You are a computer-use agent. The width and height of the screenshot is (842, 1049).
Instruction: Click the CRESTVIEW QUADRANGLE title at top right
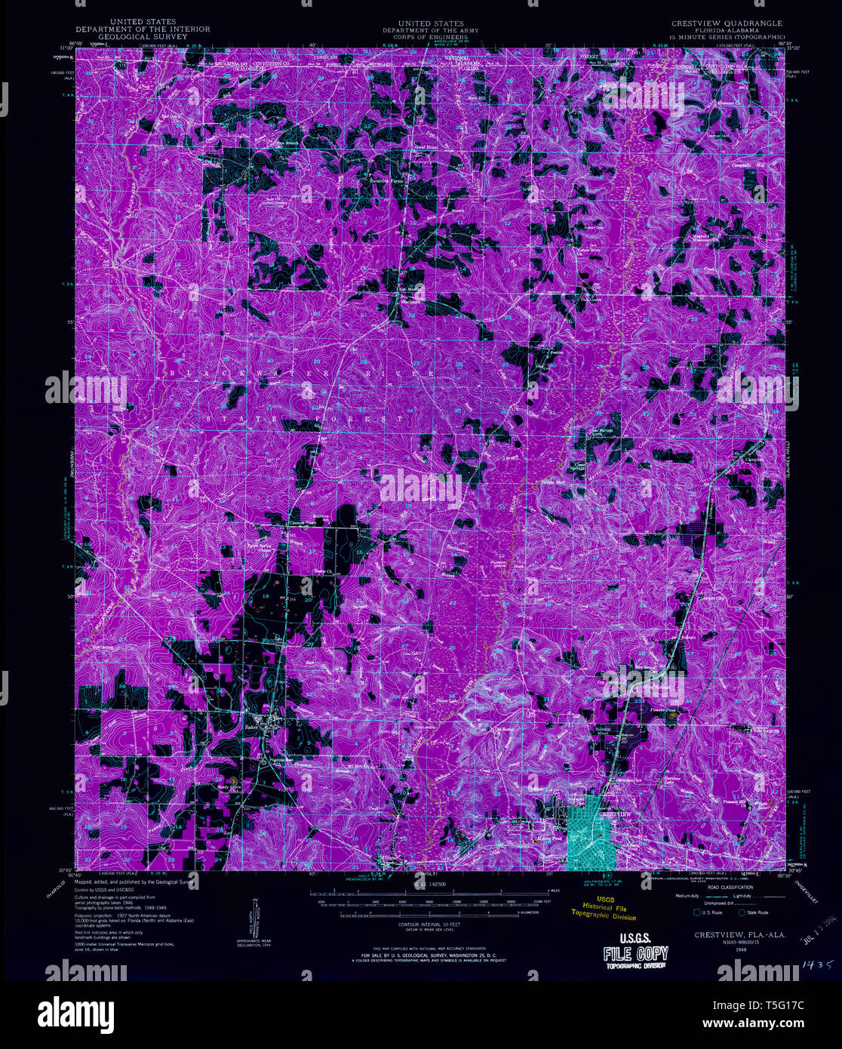pyautogui.click(x=727, y=23)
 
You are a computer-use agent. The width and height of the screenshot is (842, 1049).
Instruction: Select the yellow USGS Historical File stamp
pyautogui.click(x=607, y=908)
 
